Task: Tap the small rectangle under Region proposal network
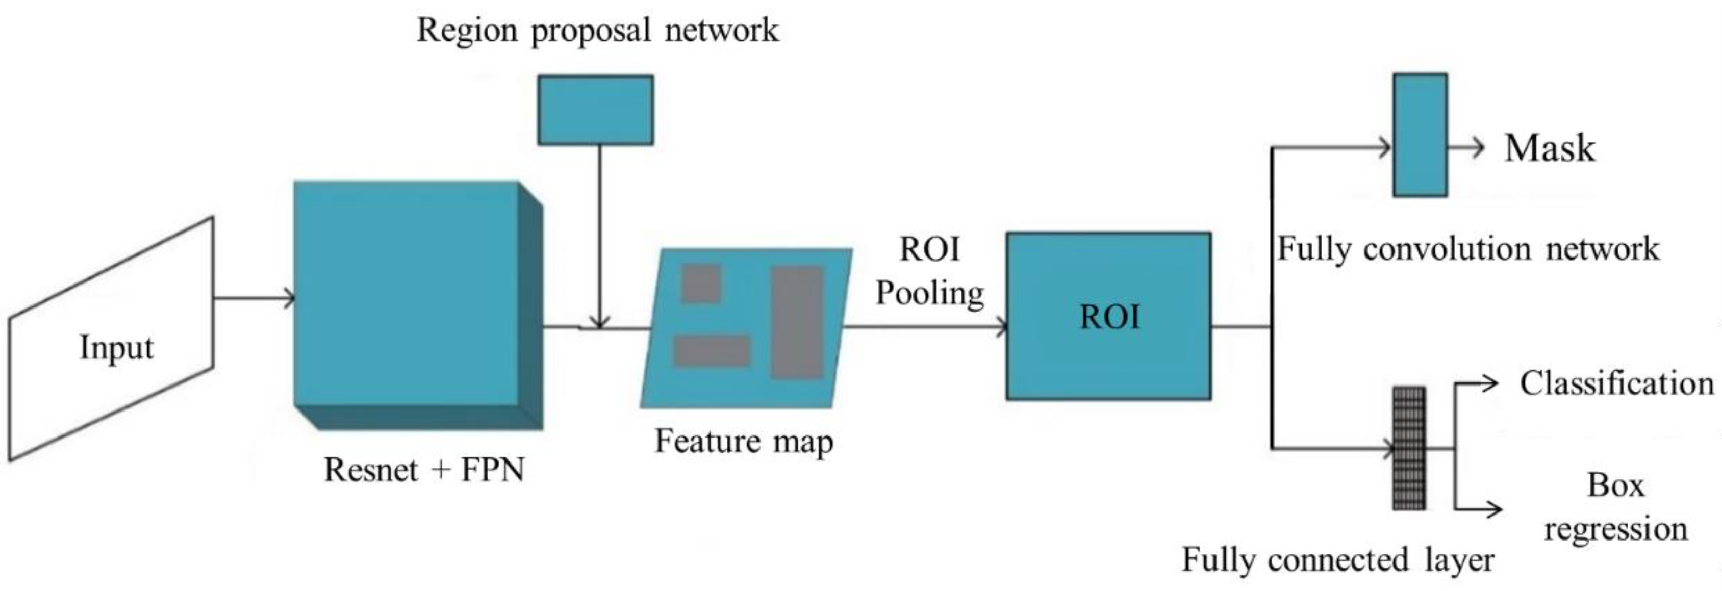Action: click(595, 110)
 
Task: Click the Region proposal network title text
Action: click(597, 30)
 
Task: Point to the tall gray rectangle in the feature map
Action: click(796, 322)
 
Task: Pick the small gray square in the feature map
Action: click(700, 283)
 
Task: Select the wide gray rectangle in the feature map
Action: click(711, 351)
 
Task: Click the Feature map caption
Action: click(743, 441)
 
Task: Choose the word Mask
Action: click(1549, 148)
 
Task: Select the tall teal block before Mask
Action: click(1420, 135)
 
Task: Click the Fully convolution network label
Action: click(1468, 249)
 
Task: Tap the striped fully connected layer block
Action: click(1408, 448)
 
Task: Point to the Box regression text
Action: click(1615, 507)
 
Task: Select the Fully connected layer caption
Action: click(1337, 559)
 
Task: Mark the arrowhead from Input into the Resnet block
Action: click(289, 298)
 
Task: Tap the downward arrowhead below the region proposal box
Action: click(600, 322)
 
